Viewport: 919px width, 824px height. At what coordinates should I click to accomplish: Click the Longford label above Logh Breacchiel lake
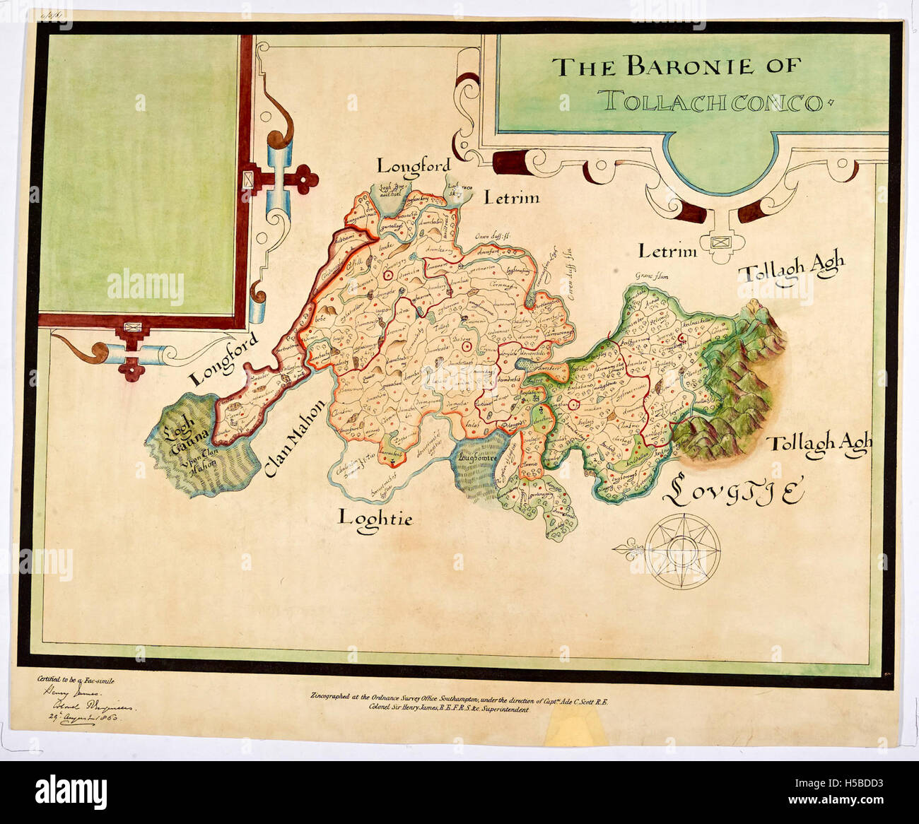pyautogui.click(x=413, y=166)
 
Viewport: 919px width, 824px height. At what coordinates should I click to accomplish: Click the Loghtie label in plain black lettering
pyautogui.click(x=375, y=517)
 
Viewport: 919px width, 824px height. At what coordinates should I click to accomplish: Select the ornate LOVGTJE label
pyautogui.click(x=734, y=492)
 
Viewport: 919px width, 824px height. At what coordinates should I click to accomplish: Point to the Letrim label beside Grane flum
pyautogui.click(x=667, y=251)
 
